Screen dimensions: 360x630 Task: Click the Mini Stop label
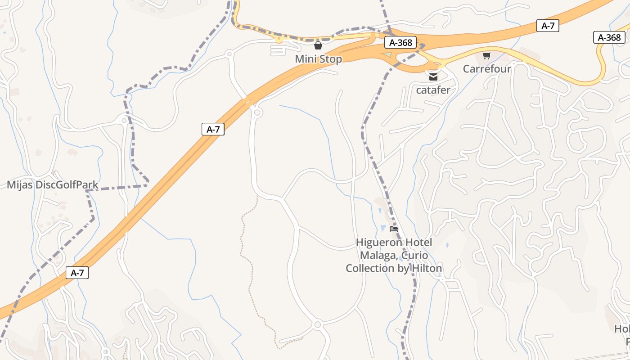pos(318,59)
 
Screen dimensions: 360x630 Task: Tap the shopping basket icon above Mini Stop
pos(318,45)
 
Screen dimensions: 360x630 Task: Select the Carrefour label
pos(487,69)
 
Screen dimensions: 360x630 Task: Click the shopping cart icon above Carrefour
pos(486,56)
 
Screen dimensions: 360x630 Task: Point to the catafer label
pos(433,90)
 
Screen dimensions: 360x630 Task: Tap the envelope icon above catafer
pos(433,77)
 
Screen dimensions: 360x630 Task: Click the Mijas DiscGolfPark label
pos(53,184)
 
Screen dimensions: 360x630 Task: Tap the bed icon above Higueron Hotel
pos(394,229)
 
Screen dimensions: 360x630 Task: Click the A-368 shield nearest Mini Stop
pos(400,42)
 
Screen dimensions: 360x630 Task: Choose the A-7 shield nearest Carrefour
pos(548,26)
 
